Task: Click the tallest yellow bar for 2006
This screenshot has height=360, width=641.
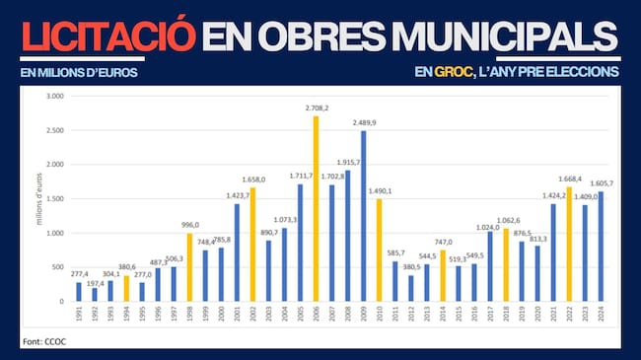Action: tap(316, 208)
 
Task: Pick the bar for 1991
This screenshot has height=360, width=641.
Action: tap(79, 291)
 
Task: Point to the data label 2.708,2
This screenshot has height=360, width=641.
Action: tap(318, 108)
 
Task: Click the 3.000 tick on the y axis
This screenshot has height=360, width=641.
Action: tap(54, 97)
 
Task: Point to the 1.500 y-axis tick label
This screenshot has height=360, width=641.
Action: tap(54, 198)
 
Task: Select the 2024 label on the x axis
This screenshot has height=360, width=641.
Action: tap(600, 317)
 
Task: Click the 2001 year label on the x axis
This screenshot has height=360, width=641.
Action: tap(237, 317)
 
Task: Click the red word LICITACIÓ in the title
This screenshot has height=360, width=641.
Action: tap(107, 36)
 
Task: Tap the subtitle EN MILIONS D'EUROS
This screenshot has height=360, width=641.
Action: tap(79, 72)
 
